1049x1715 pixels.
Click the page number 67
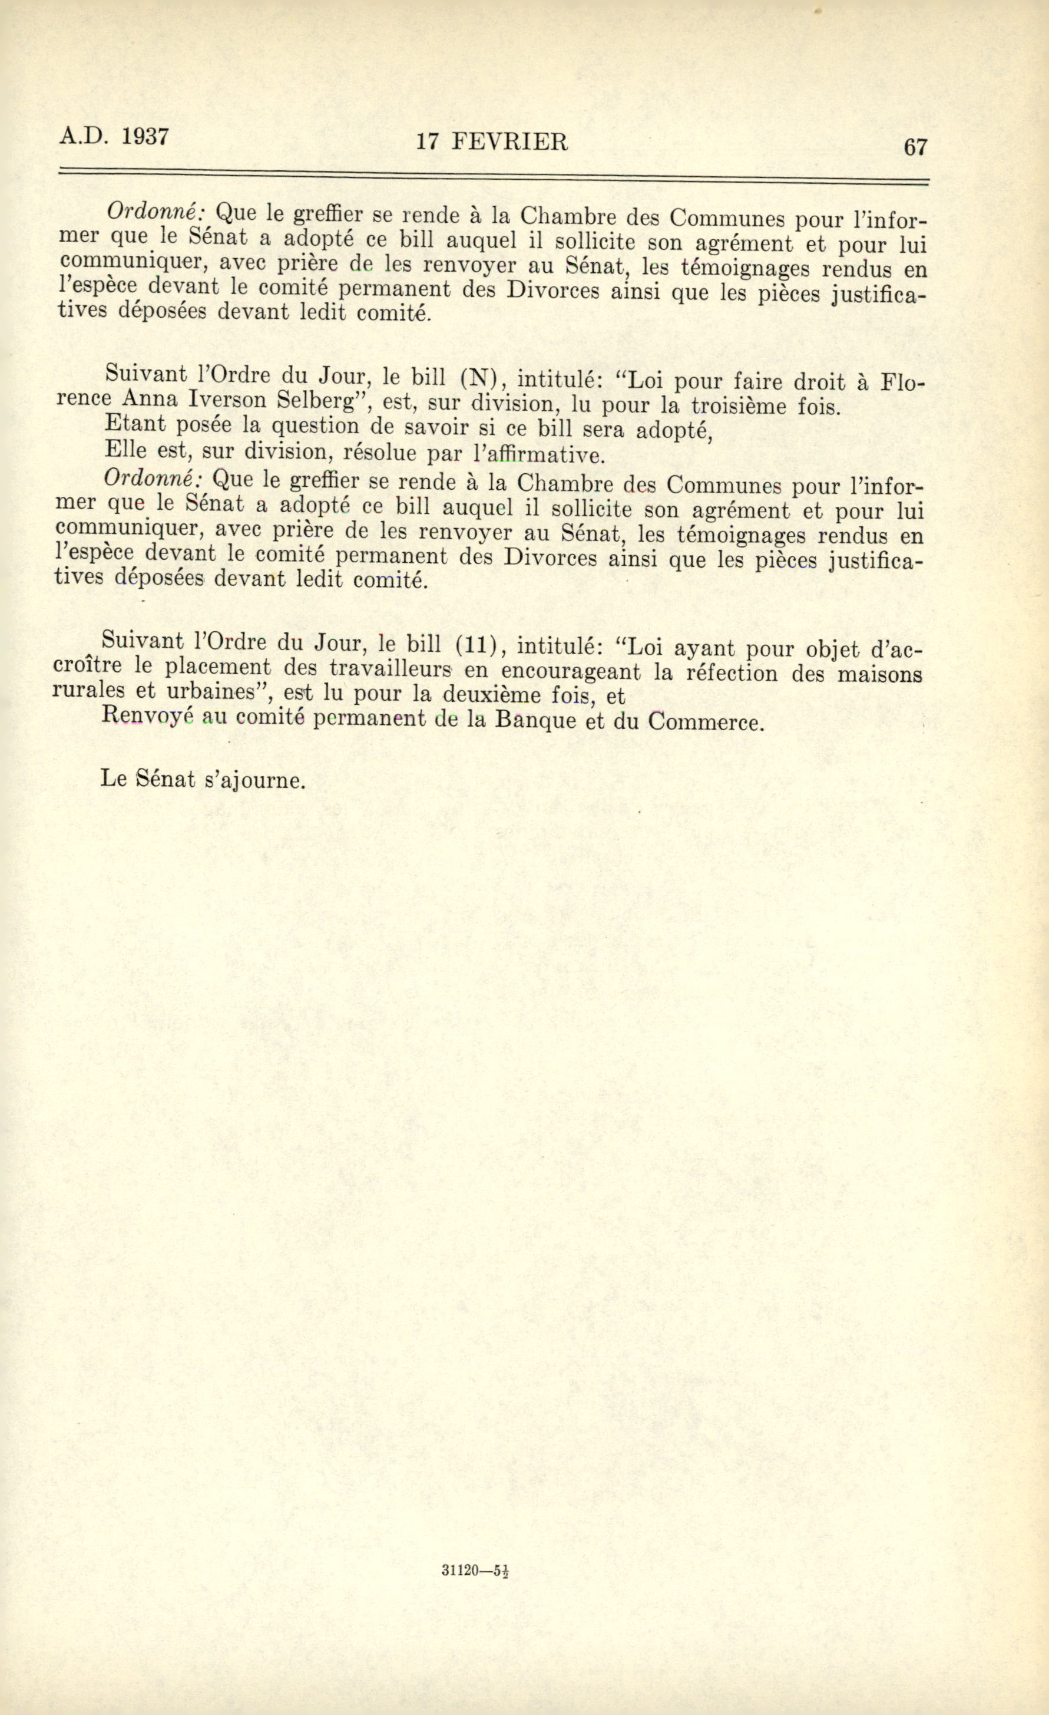(915, 147)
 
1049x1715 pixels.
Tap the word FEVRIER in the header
(510, 142)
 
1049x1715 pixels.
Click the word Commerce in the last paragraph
(704, 721)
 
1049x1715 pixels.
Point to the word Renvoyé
(146, 716)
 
